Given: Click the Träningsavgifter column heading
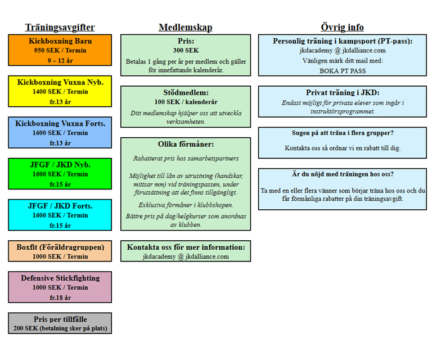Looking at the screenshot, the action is point(60,28).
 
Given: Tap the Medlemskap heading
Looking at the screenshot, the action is point(186,28).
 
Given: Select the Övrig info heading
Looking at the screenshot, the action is point(342,28).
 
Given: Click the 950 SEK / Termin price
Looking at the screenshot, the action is point(60,51).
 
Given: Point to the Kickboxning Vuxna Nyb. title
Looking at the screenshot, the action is point(60,82).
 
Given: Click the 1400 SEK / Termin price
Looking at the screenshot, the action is point(60,92).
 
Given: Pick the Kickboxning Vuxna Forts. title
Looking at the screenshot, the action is point(60,123).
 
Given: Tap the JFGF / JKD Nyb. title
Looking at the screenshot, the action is point(60,165).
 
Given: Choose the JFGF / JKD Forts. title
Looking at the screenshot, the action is point(60,206).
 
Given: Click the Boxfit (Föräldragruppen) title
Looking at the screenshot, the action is point(60,247).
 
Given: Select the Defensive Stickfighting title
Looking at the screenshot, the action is point(60,278).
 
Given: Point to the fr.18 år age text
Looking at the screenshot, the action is point(60,298).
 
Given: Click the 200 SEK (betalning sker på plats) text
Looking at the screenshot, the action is point(60,328).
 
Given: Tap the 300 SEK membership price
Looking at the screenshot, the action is point(186,51).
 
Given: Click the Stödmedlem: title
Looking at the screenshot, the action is point(186,93).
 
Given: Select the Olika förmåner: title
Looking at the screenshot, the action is point(186,144).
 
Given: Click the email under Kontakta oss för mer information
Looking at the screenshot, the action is point(186,256).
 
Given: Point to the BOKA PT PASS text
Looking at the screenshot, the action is point(343,71).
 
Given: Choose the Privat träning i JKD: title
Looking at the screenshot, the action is point(343,93).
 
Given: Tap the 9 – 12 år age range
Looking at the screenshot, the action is point(60,61).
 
